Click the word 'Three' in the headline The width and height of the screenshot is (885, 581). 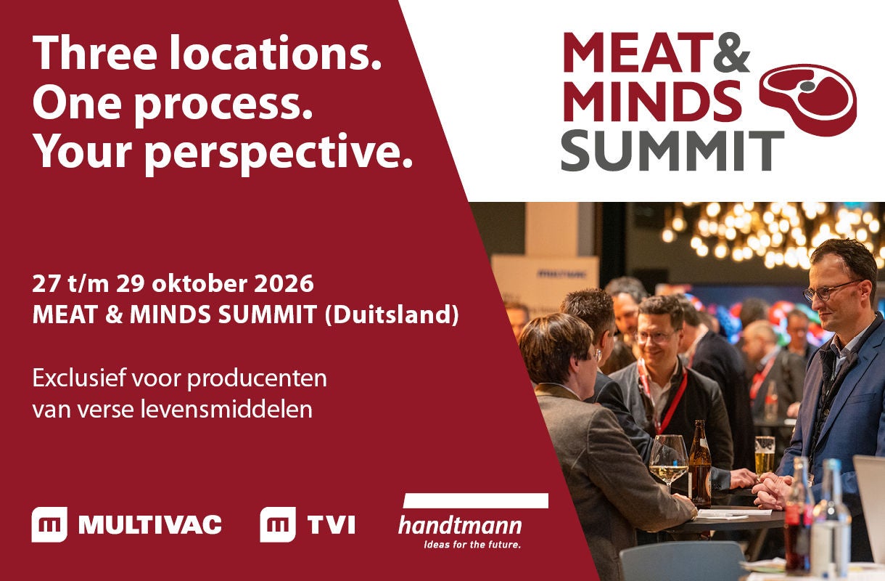[95, 52]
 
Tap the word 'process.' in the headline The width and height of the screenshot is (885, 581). [224, 107]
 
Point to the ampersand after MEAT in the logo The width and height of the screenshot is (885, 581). [731, 52]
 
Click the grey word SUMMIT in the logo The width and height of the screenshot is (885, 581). [672, 151]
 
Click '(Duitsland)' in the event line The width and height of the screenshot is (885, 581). [391, 314]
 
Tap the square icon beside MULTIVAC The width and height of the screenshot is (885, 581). [49, 524]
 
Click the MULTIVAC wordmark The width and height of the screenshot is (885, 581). [149, 525]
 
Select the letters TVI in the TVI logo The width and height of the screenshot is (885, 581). [331, 525]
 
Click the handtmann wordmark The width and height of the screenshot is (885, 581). [460, 526]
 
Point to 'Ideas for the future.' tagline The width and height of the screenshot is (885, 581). [472, 545]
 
